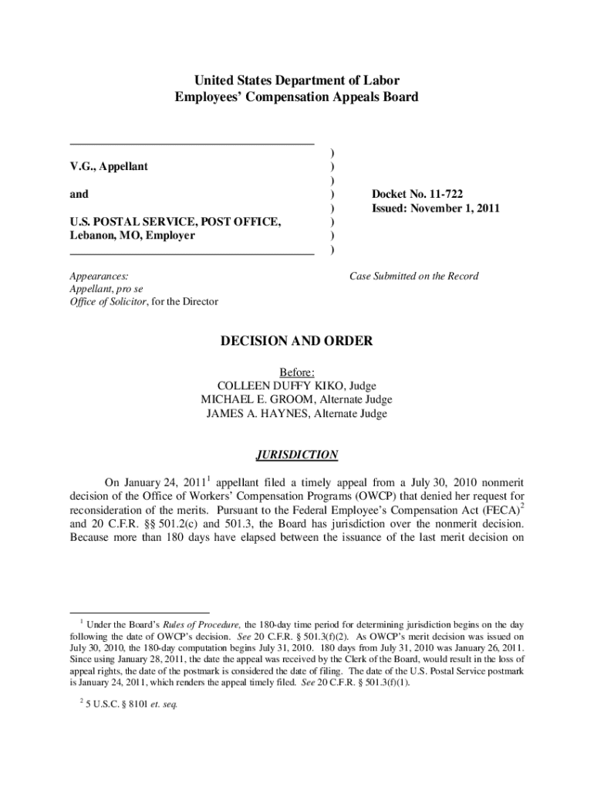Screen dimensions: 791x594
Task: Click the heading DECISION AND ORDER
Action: pos(297,341)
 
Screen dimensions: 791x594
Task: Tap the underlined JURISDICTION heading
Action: pos(297,455)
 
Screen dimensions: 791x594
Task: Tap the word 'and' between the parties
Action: pos(79,195)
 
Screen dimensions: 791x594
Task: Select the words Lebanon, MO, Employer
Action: pos(132,236)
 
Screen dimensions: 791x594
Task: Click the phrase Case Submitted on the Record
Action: pos(413,276)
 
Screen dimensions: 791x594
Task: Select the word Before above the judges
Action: pos(296,372)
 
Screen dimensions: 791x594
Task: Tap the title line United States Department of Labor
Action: pos(297,80)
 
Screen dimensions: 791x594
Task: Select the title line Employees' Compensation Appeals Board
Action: pos(297,97)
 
